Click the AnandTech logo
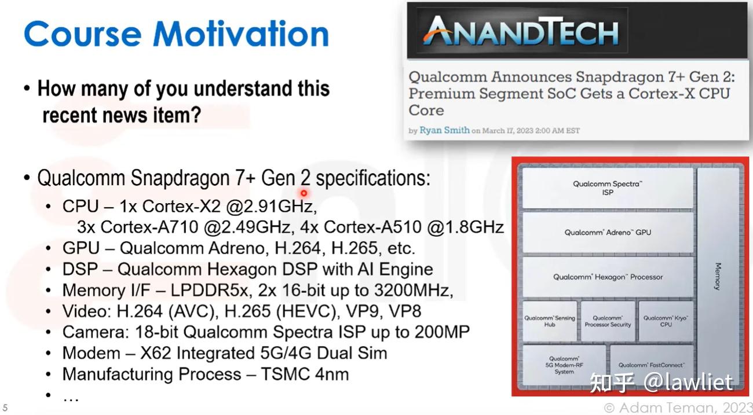[x=521, y=31]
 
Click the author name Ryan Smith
[x=444, y=130]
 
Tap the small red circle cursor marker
[x=304, y=193]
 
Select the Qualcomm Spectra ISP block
[x=608, y=188]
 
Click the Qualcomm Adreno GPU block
[x=608, y=232]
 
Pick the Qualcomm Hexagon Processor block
[x=608, y=277]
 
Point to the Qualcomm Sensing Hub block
[x=550, y=321]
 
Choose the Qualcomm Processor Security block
[x=608, y=321]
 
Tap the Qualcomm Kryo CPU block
[x=666, y=321]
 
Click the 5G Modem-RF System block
[x=564, y=365]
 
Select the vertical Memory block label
[x=717, y=276]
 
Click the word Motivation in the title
[x=241, y=34]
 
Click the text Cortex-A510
[x=372, y=227]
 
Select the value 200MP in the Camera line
[x=442, y=332]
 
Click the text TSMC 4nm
[x=305, y=374]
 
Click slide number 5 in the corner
[x=5, y=407]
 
